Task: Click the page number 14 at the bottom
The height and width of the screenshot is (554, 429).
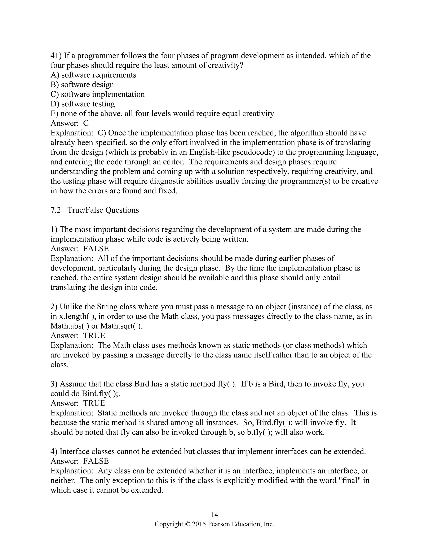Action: [214, 514]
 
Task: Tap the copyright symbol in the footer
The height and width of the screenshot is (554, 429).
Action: [187, 524]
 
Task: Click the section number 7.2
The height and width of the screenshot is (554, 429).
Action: [56, 210]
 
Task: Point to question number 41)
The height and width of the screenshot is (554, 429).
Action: [56, 56]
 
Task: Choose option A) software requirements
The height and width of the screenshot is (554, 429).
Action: [93, 75]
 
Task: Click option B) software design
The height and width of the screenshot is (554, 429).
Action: [82, 84]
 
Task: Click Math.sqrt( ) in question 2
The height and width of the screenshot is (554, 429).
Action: [121, 326]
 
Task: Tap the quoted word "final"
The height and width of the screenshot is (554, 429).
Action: [350, 480]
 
